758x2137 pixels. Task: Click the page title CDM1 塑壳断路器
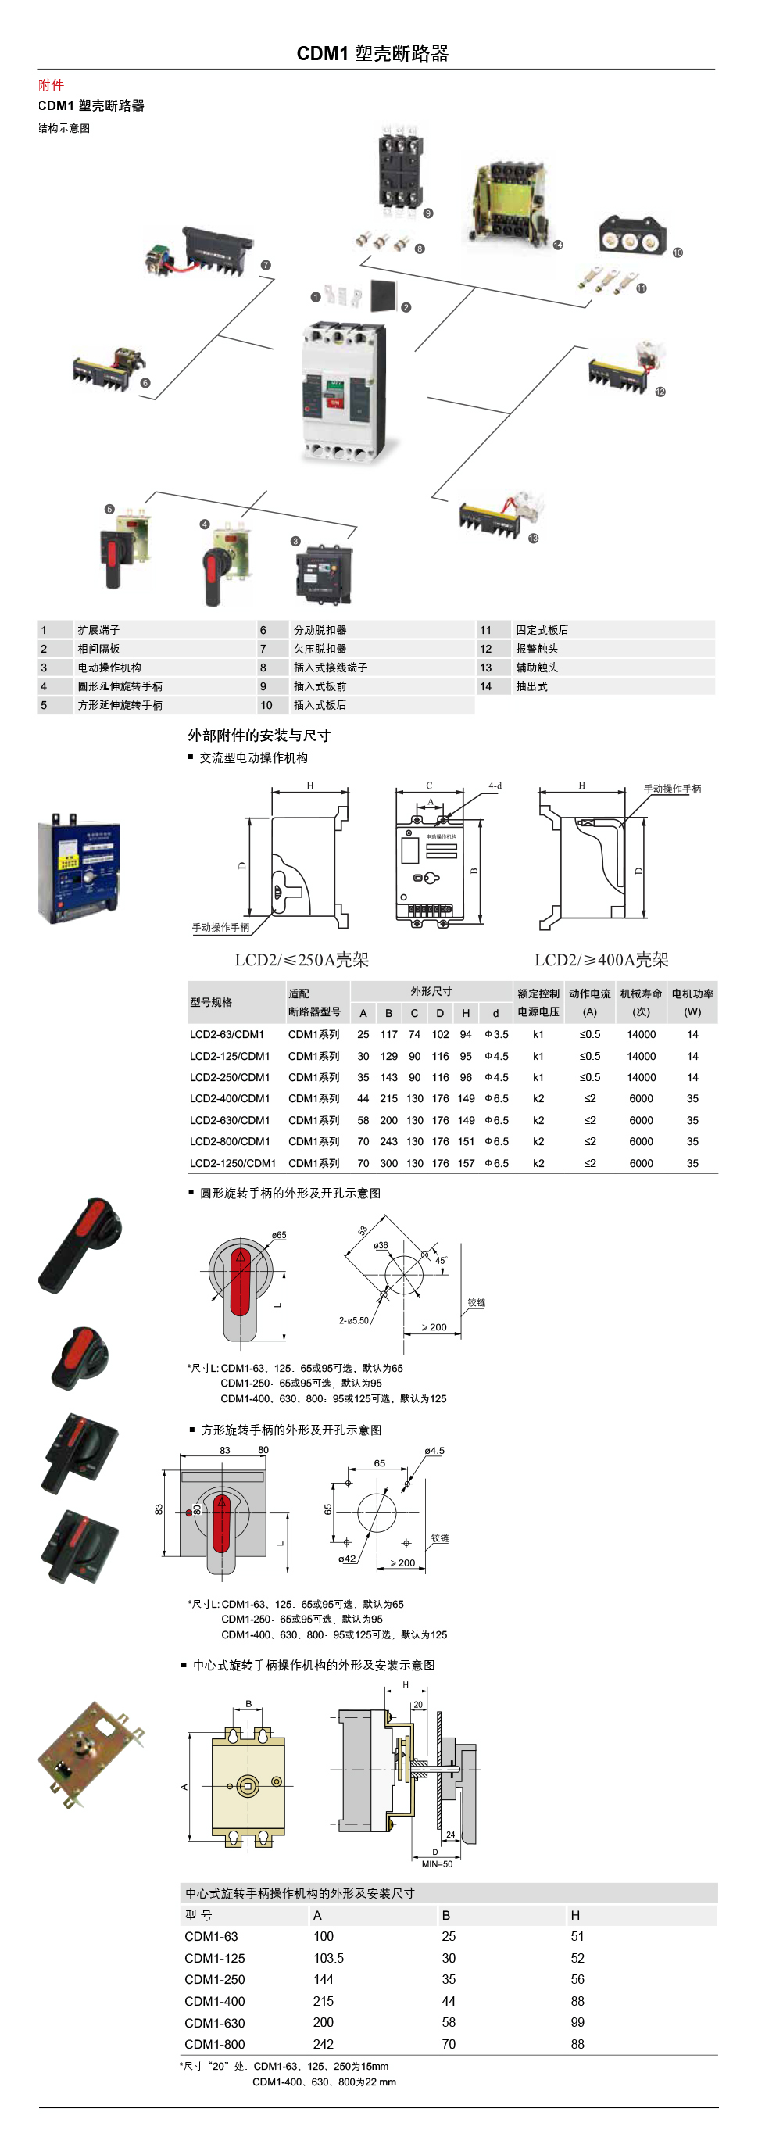tap(373, 54)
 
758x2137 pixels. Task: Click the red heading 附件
tap(51, 84)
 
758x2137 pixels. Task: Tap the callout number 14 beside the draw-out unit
tap(557, 245)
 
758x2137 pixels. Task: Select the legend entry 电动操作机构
tap(109, 668)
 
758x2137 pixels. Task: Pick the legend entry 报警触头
tap(537, 649)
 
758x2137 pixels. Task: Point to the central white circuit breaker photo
tap(343, 392)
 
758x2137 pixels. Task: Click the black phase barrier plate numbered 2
tap(382, 295)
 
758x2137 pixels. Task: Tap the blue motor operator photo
tap(79, 869)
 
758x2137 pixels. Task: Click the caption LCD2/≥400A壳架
tap(601, 960)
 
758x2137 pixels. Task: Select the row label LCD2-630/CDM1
tap(230, 1121)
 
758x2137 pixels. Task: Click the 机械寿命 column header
tap(641, 993)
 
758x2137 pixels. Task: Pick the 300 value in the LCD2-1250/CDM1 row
tap(389, 1164)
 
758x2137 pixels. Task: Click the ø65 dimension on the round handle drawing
tap(279, 1236)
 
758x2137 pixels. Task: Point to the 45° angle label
tap(442, 1261)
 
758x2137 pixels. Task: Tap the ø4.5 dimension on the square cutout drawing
tap(434, 1451)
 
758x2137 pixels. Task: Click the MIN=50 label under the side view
tap(437, 1864)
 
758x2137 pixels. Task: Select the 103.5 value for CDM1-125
tap(328, 1958)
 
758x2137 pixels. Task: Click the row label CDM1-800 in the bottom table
tap(215, 2044)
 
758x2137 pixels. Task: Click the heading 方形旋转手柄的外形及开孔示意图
tap(291, 1430)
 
